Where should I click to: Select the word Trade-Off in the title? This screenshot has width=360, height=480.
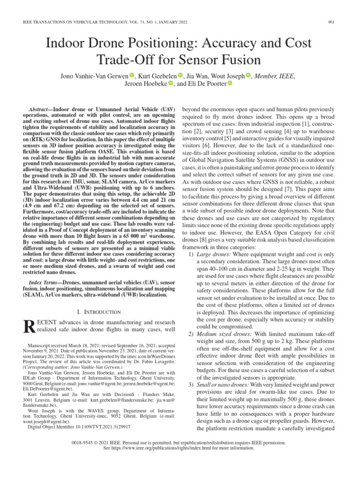point(120,60)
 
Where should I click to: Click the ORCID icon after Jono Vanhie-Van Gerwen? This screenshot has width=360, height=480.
point(132,75)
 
